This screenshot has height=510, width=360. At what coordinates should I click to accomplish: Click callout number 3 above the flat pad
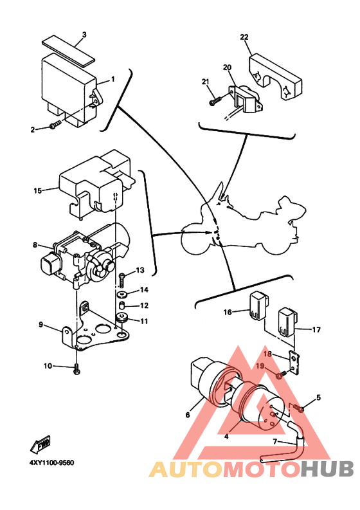(84, 35)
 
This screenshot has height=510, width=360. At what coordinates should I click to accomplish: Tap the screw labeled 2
(55, 125)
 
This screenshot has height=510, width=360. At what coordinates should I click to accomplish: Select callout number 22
(244, 37)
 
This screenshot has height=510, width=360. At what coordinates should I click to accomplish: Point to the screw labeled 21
(215, 100)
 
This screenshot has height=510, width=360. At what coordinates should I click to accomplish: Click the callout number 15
(38, 190)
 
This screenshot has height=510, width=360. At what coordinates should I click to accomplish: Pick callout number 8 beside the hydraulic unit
(35, 244)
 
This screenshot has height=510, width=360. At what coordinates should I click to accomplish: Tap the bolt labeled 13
(122, 280)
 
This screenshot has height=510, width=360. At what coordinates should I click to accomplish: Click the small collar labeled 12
(123, 305)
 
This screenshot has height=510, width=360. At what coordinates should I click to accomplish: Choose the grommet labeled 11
(122, 318)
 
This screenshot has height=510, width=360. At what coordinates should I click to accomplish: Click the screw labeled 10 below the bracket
(77, 369)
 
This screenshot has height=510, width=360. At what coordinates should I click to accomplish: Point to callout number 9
(41, 324)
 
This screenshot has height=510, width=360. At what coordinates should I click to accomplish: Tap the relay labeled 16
(258, 305)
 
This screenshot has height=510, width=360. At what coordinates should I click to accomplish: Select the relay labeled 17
(287, 322)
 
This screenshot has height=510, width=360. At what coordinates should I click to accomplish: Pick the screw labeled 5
(298, 408)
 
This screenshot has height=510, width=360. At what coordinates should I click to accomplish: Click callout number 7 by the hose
(275, 442)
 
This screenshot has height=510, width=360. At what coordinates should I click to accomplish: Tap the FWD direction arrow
(40, 444)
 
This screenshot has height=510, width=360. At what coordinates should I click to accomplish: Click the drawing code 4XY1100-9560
(52, 462)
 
